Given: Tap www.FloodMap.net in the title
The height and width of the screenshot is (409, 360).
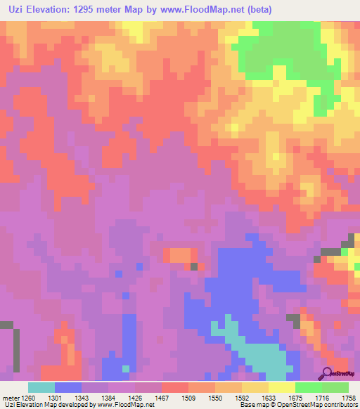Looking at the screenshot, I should pos(203,10).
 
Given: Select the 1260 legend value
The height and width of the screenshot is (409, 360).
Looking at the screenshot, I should pos(27,397).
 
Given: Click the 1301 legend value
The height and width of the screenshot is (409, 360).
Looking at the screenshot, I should pos(54,397).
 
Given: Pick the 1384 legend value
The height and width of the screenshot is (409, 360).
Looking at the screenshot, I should pos(108,397).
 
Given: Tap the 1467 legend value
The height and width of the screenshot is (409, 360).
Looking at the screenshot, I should pos(161,397).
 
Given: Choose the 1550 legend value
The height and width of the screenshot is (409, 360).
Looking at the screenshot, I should pos(214,397).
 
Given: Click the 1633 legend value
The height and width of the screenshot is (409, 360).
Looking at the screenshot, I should pos(268,397).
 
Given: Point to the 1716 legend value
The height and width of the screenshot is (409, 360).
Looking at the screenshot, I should pos(321,397).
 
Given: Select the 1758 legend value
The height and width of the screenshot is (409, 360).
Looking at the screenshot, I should pos(348,397).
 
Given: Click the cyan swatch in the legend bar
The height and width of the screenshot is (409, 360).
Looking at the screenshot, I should pos(41,387).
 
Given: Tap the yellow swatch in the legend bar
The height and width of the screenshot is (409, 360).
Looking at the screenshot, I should pos(281,387).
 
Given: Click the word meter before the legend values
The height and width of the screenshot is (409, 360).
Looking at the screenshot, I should pos(9,397).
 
